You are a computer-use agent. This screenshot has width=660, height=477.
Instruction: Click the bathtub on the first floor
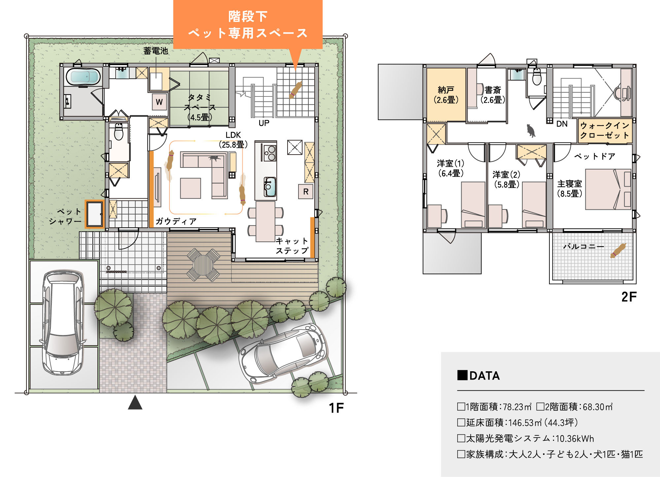(83, 77)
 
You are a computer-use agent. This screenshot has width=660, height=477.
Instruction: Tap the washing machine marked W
(159, 102)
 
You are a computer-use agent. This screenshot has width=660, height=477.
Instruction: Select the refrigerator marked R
(306, 192)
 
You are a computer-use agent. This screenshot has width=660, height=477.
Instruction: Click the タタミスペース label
(199, 107)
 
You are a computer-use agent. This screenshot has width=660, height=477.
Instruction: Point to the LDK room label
(233, 140)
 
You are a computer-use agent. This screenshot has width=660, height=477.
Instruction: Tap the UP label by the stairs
(264, 123)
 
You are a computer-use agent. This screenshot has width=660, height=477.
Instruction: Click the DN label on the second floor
(562, 124)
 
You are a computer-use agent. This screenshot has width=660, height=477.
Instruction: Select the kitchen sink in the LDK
(270, 187)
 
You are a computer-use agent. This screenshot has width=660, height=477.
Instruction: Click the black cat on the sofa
(215, 158)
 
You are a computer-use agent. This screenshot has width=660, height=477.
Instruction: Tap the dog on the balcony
(618, 250)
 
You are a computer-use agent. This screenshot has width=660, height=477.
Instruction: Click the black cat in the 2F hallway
(531, 130)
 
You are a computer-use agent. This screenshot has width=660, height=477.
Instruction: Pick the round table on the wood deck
(203, 265)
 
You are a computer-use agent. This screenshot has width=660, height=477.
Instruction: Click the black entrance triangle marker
(135, 402)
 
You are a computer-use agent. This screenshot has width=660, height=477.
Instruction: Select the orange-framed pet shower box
(94, 214)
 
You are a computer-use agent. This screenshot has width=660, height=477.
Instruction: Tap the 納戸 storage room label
(446, 95)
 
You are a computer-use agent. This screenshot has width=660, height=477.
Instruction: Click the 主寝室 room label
(570, 189)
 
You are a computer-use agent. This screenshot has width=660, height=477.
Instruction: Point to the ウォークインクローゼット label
(605, 130)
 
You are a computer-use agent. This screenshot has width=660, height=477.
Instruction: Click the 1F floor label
(336, 408)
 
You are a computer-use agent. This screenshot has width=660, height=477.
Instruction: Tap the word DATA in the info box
(484, 376)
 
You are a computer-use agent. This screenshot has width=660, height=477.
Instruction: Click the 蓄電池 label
(156, 51)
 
